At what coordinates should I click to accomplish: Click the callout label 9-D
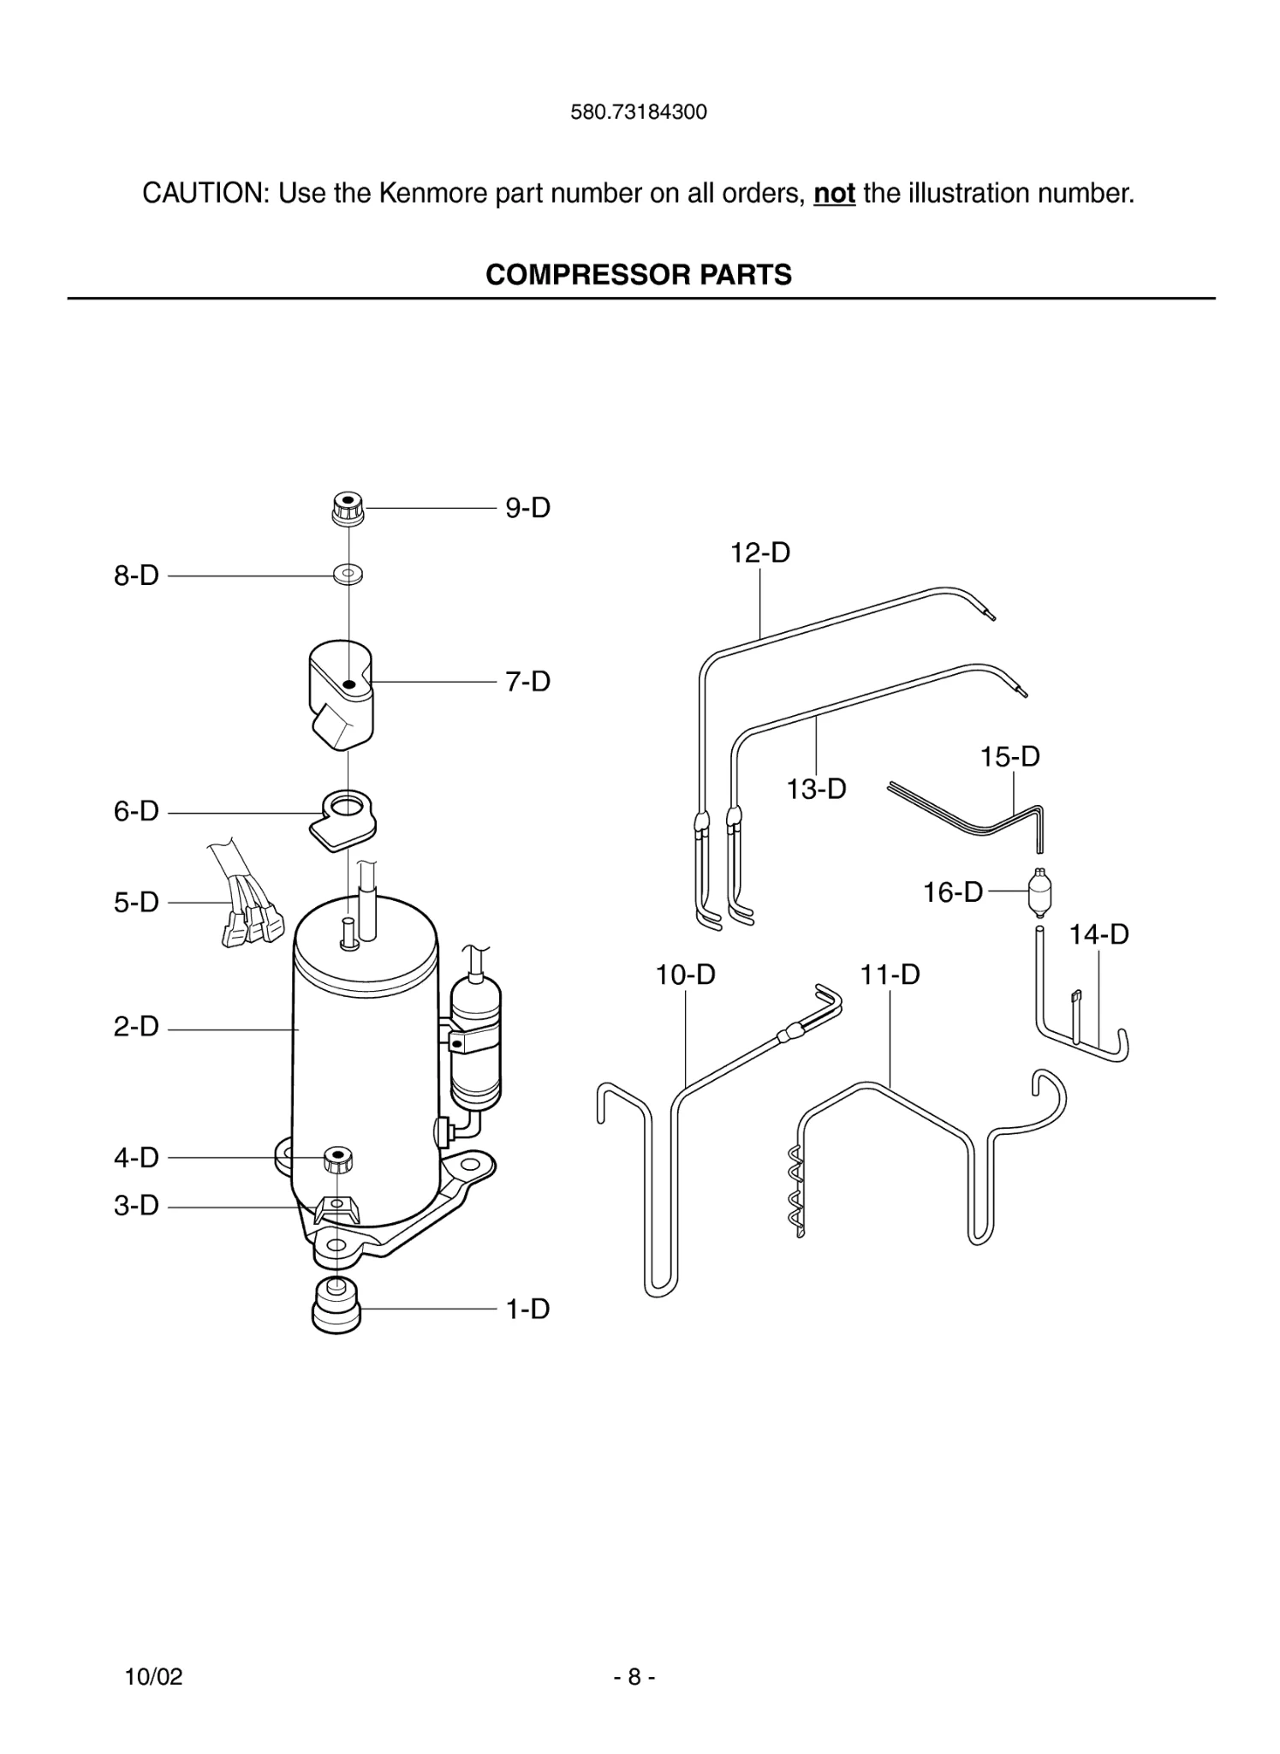[x=527, y=508]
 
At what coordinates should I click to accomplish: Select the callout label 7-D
[x=527, y=682]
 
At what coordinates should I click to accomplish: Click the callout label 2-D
[x=136, y=1027]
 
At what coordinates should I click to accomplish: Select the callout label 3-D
[x=136, y=1205]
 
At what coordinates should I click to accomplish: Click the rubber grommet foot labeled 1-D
[x=336, y=1306]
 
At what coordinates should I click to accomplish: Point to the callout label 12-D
[x=759, y=552]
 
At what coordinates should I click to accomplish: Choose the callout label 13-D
[x=816, y=789]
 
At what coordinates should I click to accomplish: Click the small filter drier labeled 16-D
[x=1039, y=892]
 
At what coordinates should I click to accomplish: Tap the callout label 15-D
[x=1009, y=756]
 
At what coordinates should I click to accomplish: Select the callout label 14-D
[x=1098, y=934]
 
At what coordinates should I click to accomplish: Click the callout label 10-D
[x=685, y=975]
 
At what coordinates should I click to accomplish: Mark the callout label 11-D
[x=890, y=975]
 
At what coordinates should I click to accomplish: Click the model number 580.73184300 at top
[x=639, y=112]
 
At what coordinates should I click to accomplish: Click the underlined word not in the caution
[x=834, y=194]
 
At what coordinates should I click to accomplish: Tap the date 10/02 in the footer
[x=154, y=1677]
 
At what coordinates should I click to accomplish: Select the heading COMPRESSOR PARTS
[x=639, y=275]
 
